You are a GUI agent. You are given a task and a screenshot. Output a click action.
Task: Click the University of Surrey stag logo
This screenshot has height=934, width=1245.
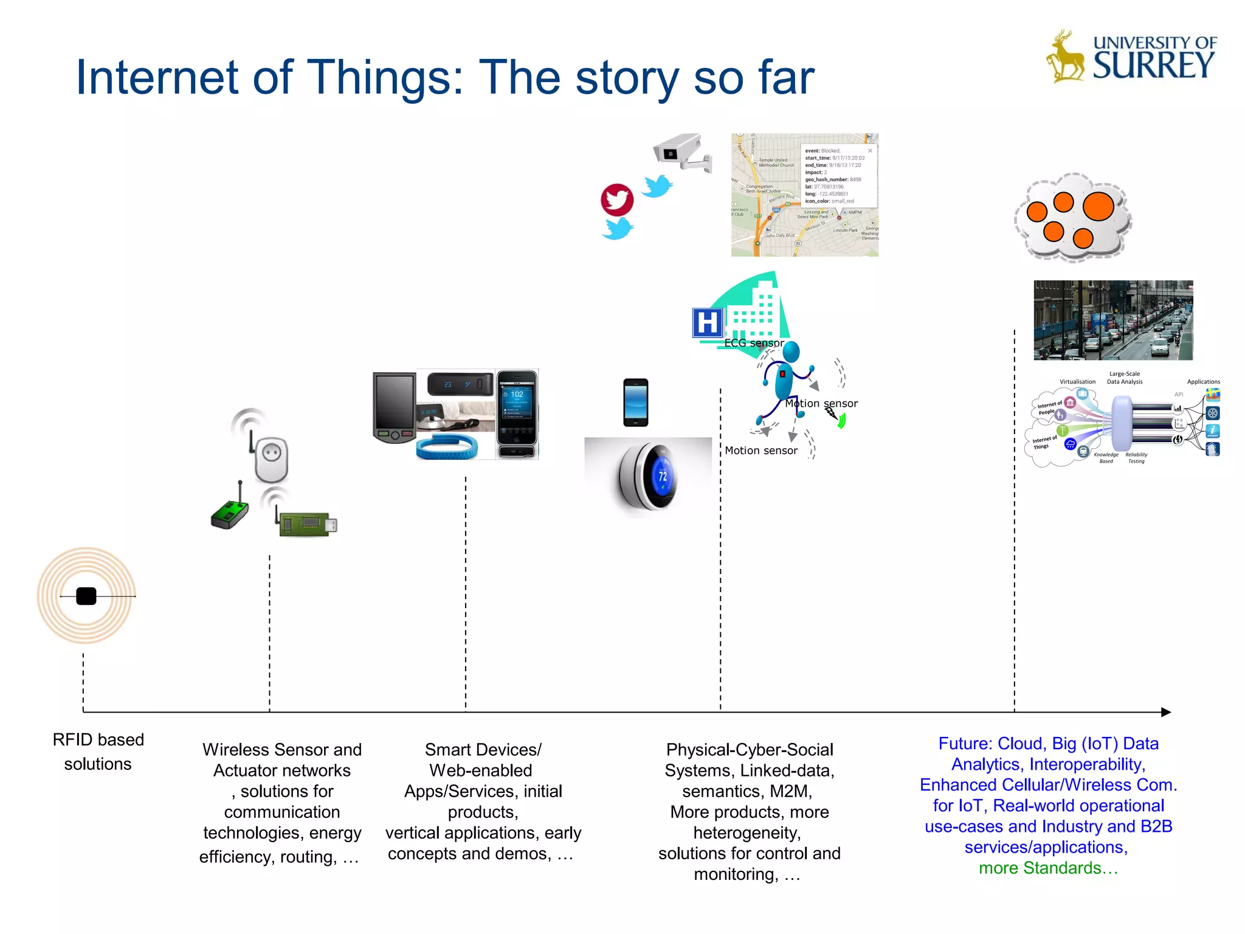tap(1066, 58)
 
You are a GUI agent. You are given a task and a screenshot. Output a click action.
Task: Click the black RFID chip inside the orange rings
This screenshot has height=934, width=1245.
tap(86, 596)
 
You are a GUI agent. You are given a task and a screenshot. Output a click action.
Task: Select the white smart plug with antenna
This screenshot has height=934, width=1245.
tap(271, 459)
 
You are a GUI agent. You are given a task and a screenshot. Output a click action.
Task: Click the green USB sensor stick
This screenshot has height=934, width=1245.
tap(308, 524)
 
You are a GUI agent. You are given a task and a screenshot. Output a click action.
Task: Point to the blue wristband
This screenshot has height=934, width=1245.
tap(447, 448)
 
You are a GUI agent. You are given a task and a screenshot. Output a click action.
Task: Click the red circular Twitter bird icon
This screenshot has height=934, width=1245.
tap(617, 199)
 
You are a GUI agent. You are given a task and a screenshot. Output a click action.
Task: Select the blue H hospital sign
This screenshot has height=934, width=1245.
tap(707, 322)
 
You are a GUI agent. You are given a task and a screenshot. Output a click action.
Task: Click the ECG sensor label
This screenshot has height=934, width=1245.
tap(754, 343)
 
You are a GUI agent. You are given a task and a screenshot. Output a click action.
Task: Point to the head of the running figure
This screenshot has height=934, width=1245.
tap(790, 351)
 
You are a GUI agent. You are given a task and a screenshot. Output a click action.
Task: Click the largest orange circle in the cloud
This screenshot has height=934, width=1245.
tap(1098, 206)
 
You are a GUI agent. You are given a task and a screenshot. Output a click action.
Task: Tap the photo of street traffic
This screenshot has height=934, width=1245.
tap(1113, 320)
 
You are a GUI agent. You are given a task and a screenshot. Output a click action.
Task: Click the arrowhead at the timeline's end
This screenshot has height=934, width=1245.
tap(1165, 712)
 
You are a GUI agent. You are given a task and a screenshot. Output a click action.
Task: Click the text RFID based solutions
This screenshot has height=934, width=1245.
tap(98, 752)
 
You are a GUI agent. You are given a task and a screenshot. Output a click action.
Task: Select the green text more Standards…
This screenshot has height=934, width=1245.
tap(1048, 868)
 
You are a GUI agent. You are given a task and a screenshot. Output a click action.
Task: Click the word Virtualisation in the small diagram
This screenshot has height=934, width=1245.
tap(1077, 382)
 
